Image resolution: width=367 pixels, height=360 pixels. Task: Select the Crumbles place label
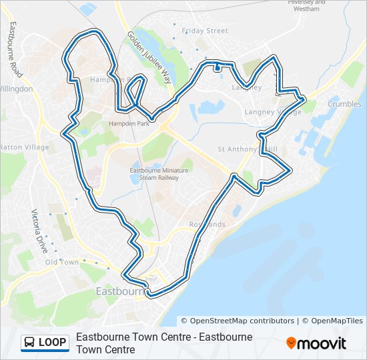344,104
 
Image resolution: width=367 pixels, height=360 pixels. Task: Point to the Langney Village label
273,111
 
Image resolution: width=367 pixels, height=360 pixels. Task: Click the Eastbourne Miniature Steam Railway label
158,174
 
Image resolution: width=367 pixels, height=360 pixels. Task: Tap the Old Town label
61,262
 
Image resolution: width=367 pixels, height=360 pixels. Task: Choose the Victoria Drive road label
40,231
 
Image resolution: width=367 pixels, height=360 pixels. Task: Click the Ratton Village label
24,147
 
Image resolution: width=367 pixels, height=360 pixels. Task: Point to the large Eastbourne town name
121,291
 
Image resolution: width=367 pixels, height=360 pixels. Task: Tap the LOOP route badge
45,343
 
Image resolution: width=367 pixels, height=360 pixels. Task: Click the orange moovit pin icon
292,343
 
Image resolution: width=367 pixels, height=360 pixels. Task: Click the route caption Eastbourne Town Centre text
164,343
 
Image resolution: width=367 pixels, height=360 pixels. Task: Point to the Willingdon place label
16,89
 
